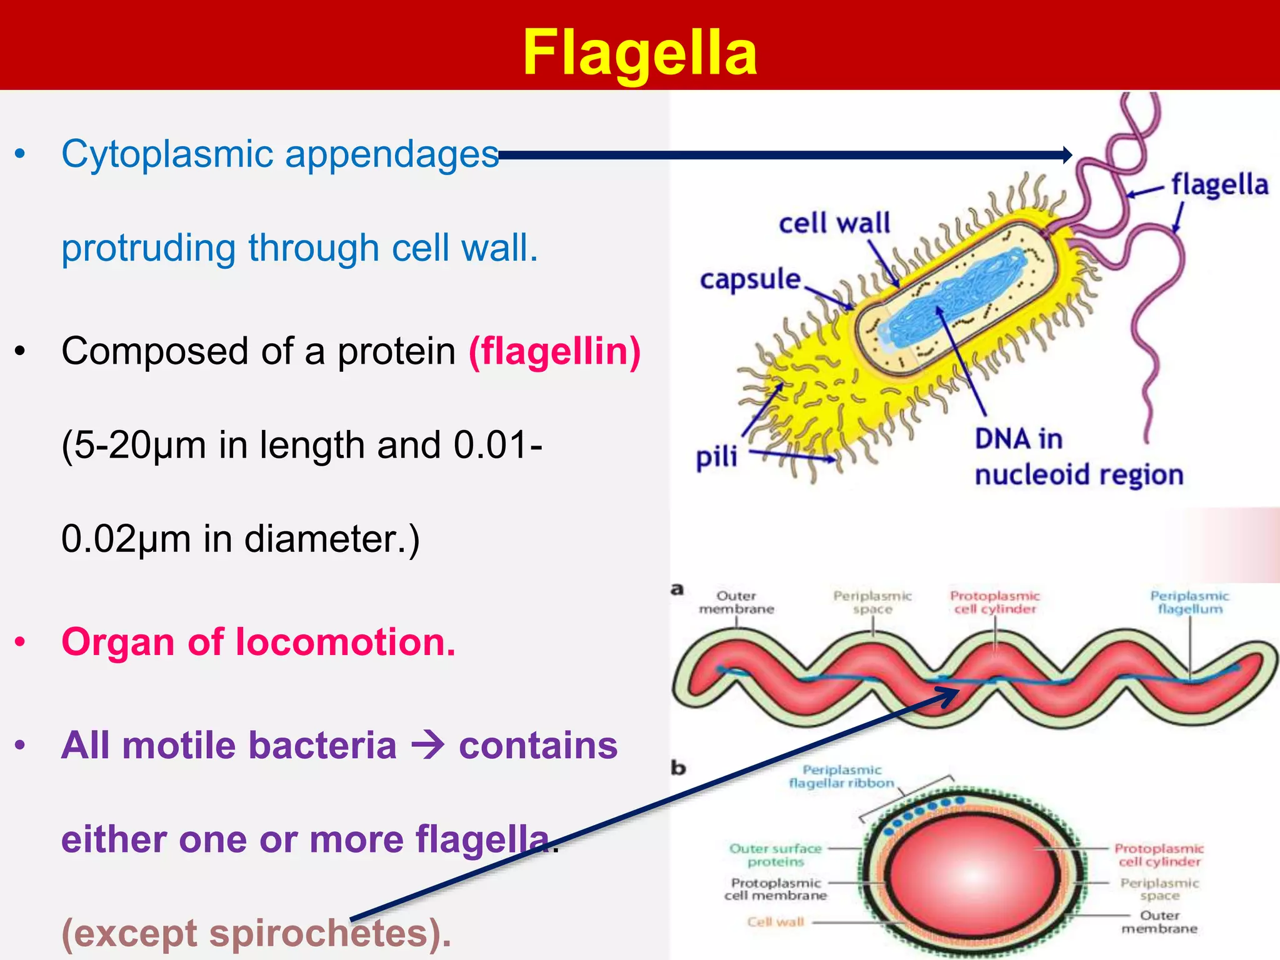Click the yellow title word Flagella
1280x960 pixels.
(639, 54)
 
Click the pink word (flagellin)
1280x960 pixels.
(555, 351)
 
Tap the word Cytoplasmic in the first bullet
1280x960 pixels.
(167, 154)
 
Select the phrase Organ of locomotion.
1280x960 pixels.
(259, 642)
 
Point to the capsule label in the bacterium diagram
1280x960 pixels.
(750, 279)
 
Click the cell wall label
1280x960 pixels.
(834, 223)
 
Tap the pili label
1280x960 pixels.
(716, 457)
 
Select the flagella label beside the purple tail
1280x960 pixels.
(1219, 185)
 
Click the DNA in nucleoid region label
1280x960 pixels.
(1078, 457)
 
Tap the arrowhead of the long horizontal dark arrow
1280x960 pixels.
(1067, 155)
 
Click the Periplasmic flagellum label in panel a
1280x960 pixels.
(1189, 602)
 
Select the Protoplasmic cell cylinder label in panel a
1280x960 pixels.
(994, 602)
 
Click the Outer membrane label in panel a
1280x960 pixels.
(736, 602)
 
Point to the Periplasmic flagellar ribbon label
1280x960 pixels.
(841, 776)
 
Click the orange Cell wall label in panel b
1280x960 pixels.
(776, 922)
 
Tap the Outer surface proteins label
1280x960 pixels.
(776, 855)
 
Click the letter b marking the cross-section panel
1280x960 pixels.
(678, 767)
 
